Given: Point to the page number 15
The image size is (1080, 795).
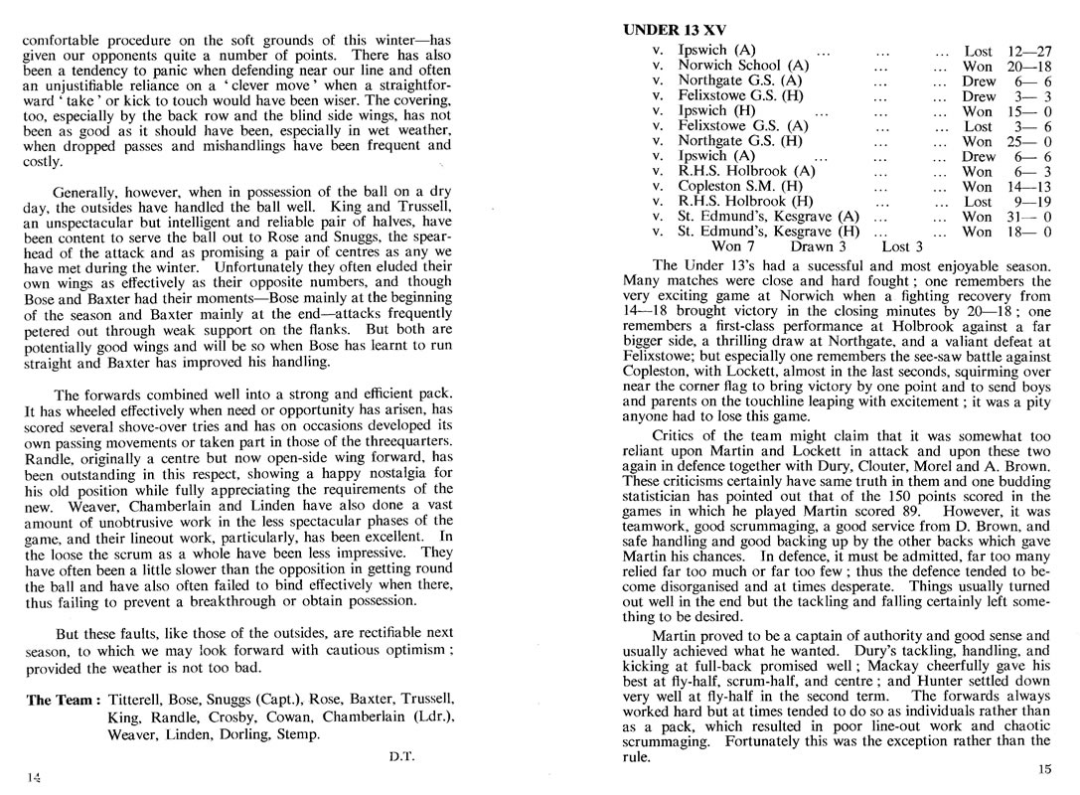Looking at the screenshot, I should [1043, 767].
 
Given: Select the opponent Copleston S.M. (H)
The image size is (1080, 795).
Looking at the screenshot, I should [740, 186].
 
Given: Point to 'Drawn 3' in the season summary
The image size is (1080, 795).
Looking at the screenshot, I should [819, 246].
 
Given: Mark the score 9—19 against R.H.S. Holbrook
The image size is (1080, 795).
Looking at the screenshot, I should [1030, 201].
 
